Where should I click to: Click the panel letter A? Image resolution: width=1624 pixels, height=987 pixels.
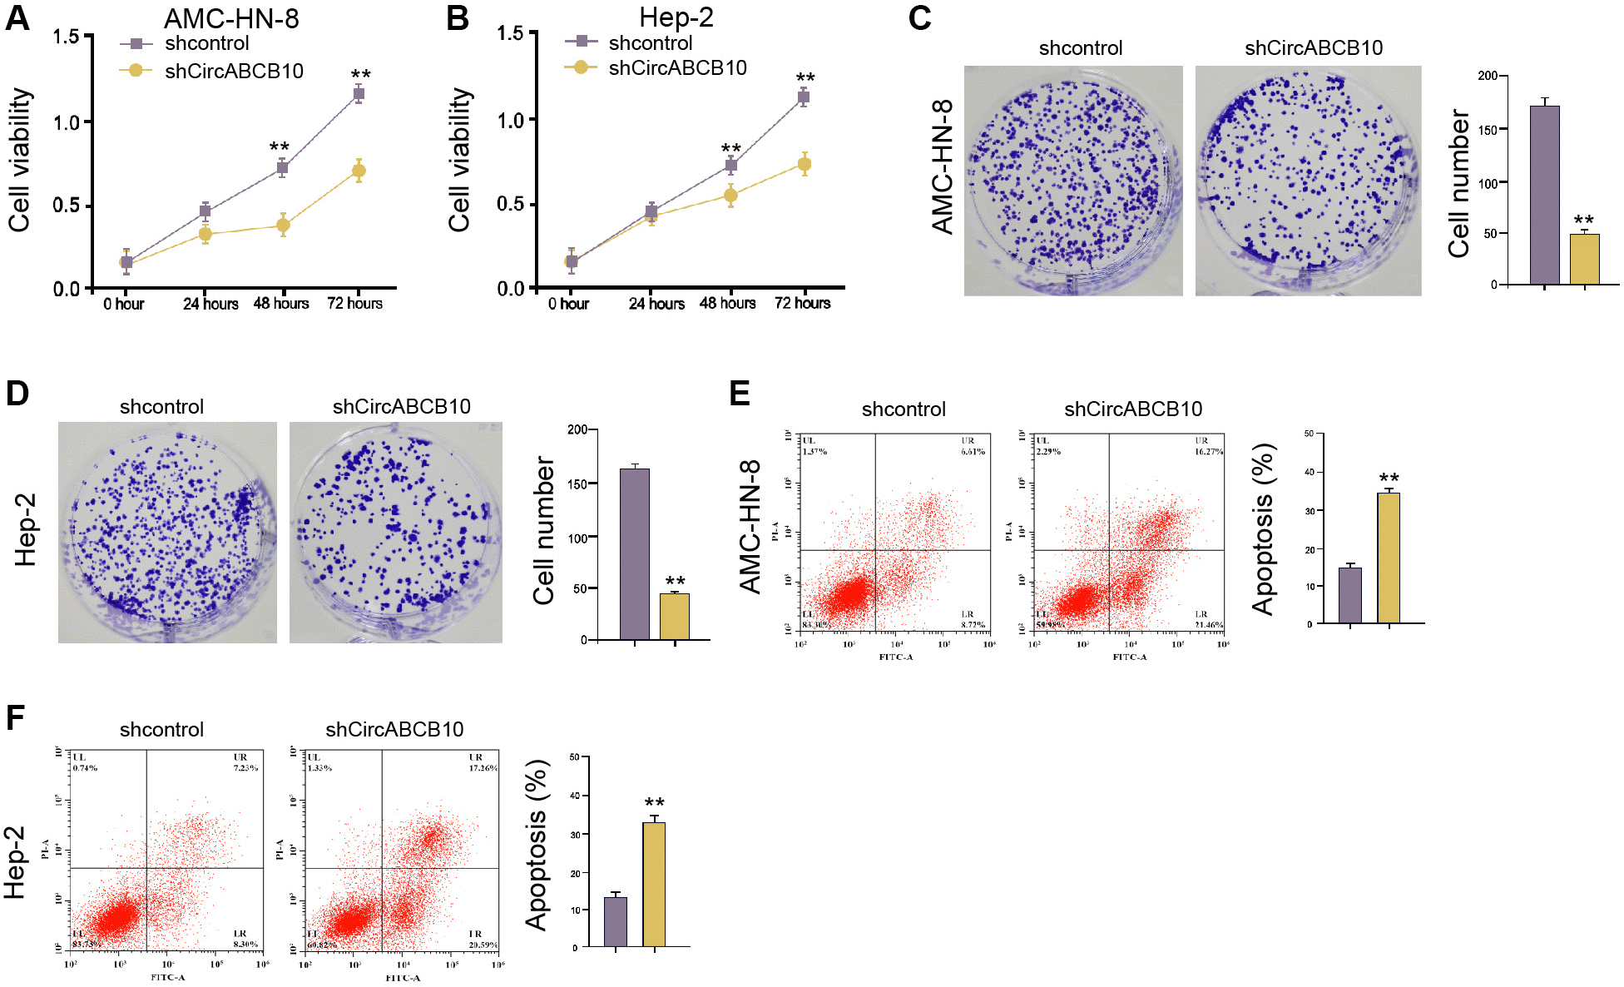click(x=17, y=17)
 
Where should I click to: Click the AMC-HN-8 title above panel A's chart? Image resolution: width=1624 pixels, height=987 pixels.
click(x=231, y=18)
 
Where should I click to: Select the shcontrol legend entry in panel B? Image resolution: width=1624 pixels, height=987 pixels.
click(x=650, y=42)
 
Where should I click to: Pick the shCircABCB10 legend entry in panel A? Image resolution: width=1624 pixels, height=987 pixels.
click(x=234, y=71)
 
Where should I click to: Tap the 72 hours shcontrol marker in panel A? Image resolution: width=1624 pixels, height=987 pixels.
click(x=359, y=94)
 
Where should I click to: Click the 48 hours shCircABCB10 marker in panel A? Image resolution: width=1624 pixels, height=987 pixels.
click(x=283, y=225)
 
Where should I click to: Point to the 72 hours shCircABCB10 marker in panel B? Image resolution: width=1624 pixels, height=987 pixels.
click(x=804, y=164)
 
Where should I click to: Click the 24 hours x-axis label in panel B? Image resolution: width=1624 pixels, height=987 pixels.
click(x=656, y=304)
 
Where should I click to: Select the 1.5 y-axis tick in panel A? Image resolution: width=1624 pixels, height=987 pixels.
click(x=67, y=37)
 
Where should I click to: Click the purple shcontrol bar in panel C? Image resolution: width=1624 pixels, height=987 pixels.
click(x=1544, y=196)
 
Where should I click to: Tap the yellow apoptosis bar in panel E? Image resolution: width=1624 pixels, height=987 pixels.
click(x=1388, y=558)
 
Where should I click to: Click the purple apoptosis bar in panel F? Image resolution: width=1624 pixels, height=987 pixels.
click(x=616, y=921)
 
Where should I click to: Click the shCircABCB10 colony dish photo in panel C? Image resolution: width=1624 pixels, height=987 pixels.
click(x=1308, y=181)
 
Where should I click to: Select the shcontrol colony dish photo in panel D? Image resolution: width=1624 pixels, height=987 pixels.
click(x=167, y=532)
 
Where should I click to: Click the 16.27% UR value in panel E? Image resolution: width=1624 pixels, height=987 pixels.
click(x=1209, y=452)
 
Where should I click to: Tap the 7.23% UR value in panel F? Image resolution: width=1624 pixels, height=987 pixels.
click(x=245, y=768)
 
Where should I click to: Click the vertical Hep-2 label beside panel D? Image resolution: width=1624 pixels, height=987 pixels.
click(x=26, y=530)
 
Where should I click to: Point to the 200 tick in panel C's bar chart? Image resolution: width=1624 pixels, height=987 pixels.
click(x=1487, y=76)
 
